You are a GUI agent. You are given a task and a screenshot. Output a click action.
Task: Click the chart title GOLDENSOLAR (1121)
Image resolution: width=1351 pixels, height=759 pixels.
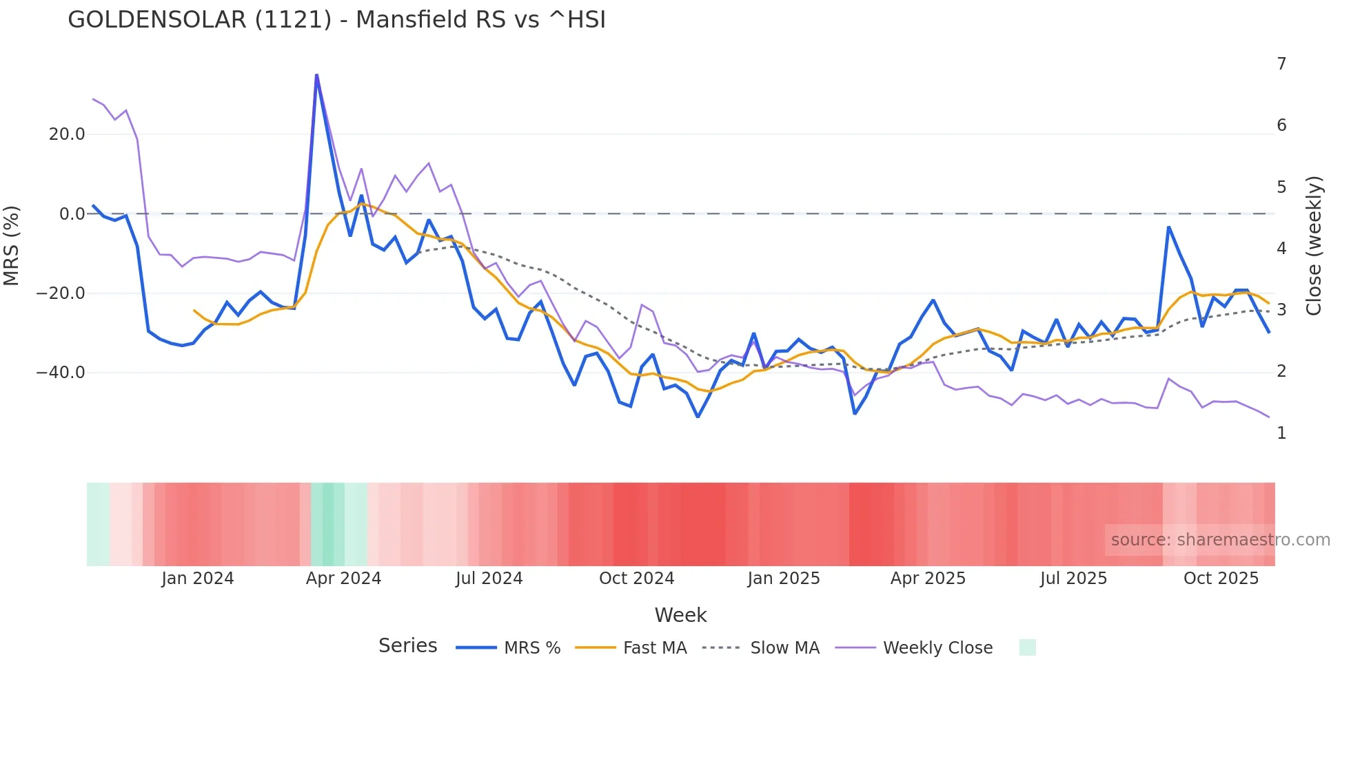coord(336,20)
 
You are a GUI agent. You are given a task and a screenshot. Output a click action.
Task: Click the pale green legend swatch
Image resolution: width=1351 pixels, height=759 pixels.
coord(1027,647)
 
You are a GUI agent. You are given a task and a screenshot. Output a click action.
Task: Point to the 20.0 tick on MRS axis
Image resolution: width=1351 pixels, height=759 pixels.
coord(67,134)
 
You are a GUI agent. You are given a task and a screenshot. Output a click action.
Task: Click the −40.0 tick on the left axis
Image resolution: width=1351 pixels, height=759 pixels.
coord(61,373)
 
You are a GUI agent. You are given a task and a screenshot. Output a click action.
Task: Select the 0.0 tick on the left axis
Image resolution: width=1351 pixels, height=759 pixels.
coord(72,214)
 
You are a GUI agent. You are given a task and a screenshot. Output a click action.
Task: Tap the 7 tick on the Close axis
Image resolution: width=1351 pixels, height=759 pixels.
coord(1281,64)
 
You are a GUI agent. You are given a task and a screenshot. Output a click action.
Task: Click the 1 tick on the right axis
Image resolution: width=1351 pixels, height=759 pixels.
coord(1281,433)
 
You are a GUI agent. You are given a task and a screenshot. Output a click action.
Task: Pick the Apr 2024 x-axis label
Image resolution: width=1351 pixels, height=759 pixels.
coord(343,579)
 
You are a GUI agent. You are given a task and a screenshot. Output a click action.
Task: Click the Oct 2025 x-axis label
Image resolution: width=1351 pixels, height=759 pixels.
coord(1221,579)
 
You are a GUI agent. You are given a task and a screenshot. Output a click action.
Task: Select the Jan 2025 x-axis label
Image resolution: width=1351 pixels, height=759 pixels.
coord(784,579)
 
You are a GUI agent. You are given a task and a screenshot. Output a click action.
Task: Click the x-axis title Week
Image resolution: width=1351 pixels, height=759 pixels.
coord(680,615)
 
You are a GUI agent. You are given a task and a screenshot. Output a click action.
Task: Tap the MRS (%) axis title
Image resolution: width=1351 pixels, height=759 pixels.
coord(12,245)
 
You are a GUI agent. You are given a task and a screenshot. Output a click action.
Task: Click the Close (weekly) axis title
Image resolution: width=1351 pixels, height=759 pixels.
coord(1314,245)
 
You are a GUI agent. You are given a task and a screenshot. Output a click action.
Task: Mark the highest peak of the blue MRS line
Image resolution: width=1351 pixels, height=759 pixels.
coord(316,75)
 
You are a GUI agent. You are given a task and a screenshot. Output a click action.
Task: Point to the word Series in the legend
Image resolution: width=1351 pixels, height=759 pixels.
coord(407,646)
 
